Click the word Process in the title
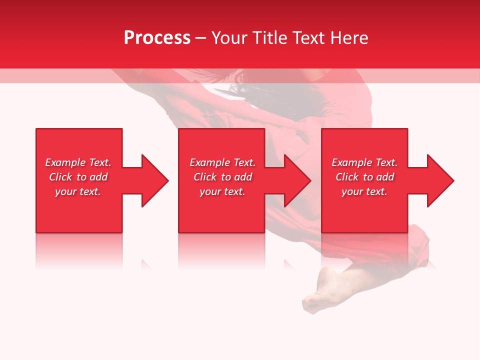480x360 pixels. coord(157,38)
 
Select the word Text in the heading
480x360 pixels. coord(306,38)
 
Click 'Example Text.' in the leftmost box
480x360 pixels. coord(78,162)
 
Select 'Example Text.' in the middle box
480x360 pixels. coord(222,162)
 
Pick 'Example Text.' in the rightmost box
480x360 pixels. coord(364,162)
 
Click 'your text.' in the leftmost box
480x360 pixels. coord(78,191)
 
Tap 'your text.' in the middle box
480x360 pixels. coord(222,191)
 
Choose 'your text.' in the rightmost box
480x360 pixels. coord(364,191)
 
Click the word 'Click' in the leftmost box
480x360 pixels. coord(60,177)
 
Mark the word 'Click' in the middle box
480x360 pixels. coord(205,177)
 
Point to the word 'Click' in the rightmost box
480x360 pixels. coord(347,177)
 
